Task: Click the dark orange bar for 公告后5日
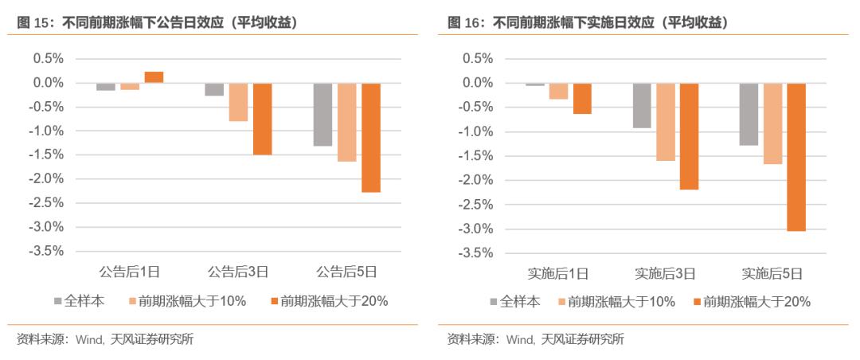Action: click(371, 137)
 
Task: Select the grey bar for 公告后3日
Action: click(214, 89)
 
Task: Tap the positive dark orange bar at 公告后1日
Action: click(154, 77)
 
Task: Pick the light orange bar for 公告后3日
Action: click(238, 102)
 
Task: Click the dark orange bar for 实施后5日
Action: click(796, 157)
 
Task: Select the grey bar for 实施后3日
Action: click(642, 105)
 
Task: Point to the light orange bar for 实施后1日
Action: click(558, 91)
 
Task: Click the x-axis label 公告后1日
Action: click(130, 272)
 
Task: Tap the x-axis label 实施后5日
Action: click(772, 273)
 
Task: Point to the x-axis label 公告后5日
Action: click(346, 272)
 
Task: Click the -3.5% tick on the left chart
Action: click(47, 251)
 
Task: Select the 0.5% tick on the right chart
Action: click(478, 59)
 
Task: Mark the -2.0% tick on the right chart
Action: click(475, 180)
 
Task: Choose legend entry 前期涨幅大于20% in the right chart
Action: click(756, 301)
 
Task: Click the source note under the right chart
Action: click(536, 340)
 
